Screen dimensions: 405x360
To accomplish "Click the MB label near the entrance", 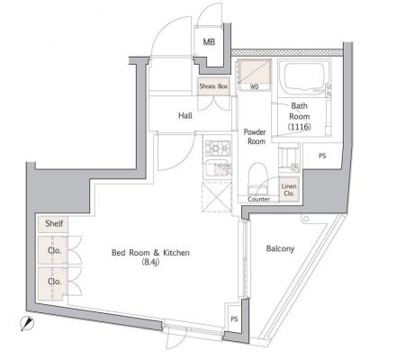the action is [x=209, y=42].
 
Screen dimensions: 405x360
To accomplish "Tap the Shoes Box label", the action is [x=213, y=86].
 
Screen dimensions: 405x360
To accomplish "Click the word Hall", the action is [x=185, y=115].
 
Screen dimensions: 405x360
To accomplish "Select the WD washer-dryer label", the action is [x=255, y=87].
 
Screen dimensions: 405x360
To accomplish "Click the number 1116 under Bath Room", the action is [x=300, y=127].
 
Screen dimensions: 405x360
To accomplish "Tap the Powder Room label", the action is [x=255, y=137].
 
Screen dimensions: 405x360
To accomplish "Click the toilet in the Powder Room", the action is [x=258, y=178].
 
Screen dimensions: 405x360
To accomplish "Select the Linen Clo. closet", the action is [x=289, y=190].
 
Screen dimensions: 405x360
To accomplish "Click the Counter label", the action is [x=259, y=199].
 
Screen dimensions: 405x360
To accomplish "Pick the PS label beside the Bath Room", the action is [x=322, y=156].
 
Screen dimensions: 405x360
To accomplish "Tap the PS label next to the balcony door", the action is [x=234, y=319].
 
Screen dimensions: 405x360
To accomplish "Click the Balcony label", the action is [x=280, y=248].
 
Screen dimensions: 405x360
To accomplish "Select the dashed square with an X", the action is [x=217, y=196].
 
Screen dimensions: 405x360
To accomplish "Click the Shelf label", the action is [x=54, y=223].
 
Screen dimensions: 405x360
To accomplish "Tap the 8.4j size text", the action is [x=150, y=263].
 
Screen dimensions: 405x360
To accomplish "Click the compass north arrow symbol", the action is [x=27, y=324].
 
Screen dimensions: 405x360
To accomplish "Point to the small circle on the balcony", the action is [x=306, y=219].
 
